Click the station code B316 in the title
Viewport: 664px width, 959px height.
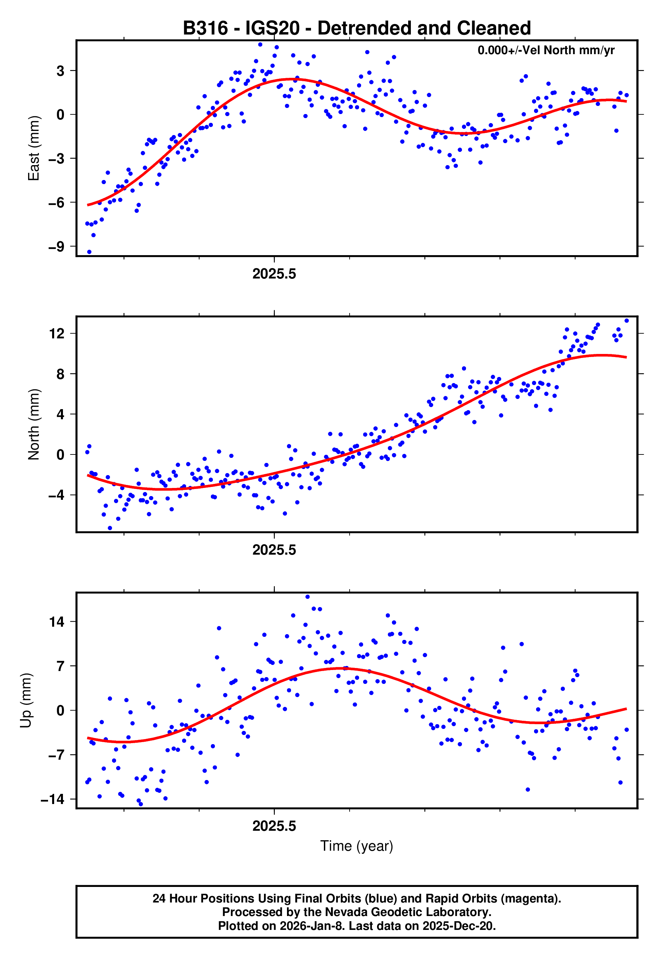[x=205, y=28]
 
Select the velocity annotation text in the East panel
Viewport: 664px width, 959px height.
[x=546, y=50]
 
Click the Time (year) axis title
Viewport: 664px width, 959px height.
[x=357, y=846]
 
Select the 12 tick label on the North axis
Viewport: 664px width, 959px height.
[x=57, y=334]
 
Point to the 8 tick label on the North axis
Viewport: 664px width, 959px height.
[x=61, y=374]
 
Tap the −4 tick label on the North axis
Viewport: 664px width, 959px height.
[x=57, y=495]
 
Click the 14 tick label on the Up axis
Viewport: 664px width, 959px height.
[x=57, y=622]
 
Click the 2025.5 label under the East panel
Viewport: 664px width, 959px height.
[x=274, y=274]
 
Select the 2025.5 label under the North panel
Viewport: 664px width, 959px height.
[x=274, y=550]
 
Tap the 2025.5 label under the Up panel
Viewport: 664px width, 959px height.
[x=274, y=826]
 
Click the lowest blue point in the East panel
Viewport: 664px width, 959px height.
[x=89, y=252]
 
